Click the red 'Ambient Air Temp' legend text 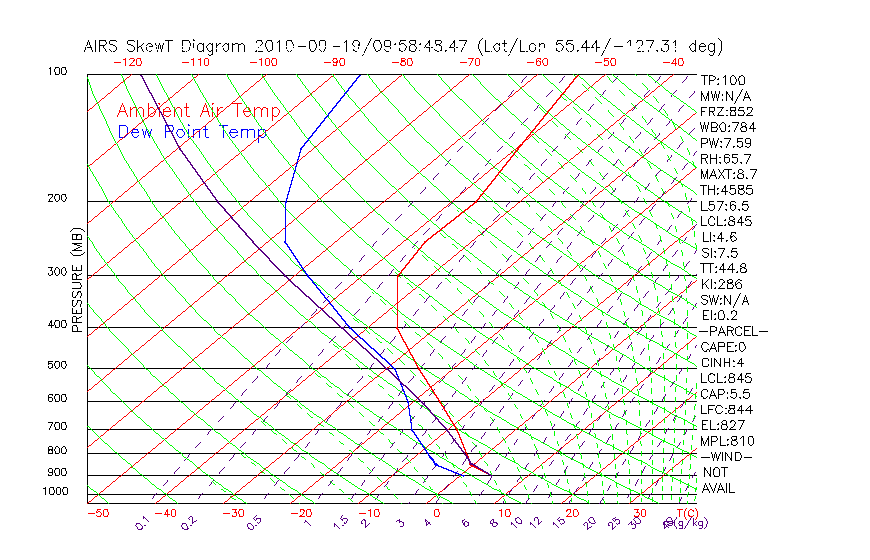tap(198, 111)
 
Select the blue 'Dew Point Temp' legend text tap(192, 132)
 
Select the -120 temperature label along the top tap(128, 62)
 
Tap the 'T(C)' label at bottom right tap(685, 513)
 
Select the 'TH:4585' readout tap(727, 190)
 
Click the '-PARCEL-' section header tap(733, 331)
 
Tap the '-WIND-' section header tap(727, 456)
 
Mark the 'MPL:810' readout tap(727, 441)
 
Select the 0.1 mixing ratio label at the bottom tap(142, 521)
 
